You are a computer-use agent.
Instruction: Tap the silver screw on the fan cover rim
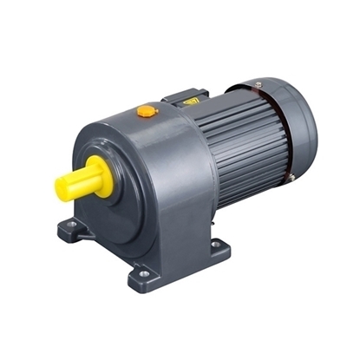coord(259,85)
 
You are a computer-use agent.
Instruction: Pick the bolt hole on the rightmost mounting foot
coord(215,245)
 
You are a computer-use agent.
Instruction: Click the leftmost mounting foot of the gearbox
coord(75,231)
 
